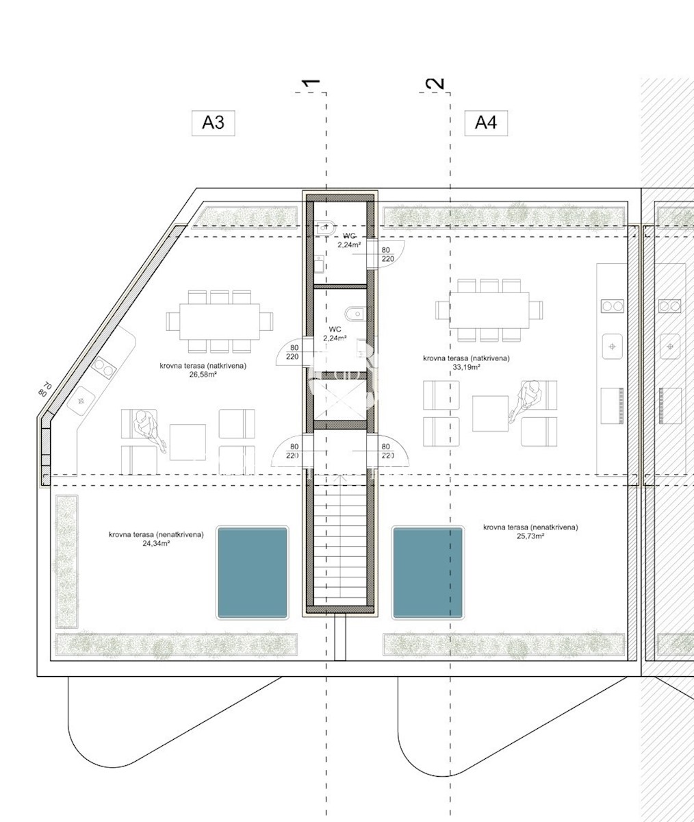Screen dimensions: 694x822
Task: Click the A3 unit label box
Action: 214,123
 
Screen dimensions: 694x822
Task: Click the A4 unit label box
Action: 486,123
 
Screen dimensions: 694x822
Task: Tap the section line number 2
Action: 435,83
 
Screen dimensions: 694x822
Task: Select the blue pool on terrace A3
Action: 253,573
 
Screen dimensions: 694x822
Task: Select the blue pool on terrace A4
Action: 428,573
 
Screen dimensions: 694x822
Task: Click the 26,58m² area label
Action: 203,375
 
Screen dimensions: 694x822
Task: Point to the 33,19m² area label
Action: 466,367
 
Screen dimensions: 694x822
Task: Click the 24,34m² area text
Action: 156,544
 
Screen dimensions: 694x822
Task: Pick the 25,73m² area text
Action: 530,536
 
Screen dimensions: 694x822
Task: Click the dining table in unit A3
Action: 220,322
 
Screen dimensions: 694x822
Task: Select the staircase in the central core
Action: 340,543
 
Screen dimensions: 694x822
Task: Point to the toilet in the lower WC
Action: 355,314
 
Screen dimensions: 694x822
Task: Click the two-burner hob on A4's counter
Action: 613,306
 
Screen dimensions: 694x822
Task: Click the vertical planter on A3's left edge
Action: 66,562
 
